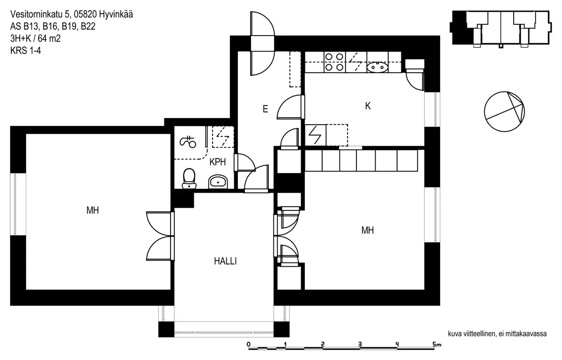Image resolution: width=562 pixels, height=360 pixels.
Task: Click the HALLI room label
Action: pyautogui.click(x=225, y=262)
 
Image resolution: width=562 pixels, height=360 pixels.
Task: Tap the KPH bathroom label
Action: pyautogui.click(x=218, y=163)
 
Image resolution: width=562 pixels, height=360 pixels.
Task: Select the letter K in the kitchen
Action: pyautogui.click(x=368, y=106)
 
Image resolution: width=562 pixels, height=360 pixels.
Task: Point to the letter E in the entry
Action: pyautogui.click(x=265, y=109)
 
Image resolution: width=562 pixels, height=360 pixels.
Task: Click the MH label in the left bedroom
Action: pyautogui.click(x=93, y=210)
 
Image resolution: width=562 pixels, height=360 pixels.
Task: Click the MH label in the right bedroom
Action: pyautogui.click(x=368, y=231)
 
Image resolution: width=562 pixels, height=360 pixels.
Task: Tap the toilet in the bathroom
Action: pyautogui.click(x=189, y=178)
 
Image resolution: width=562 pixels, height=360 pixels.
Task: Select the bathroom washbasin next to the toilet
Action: pyautogui.click(x=217, y=181)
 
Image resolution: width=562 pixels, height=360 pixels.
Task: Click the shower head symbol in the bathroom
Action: pyautogui.click(x=189, y=141)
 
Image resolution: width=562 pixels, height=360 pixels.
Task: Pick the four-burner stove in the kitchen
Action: pyautogui.click(x=333, y=62)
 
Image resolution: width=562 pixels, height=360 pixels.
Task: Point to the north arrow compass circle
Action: pyautogui.click(x=504, y=112)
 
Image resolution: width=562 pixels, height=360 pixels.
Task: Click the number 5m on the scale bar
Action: pyautogui.click(x=437, y=345)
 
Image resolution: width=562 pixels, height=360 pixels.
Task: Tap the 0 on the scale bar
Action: pyautogui.click(x=248, y=345)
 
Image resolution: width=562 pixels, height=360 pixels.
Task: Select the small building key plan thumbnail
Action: pyautogui.click(x=500, y=28)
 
